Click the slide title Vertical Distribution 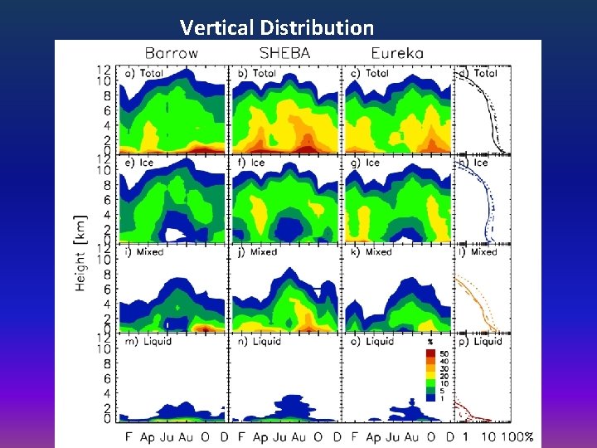coord(277,27)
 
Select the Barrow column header coord(172,53)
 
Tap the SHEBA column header coord(284,53)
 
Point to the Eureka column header coord(397,53)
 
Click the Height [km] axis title coord(81,250)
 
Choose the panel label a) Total coord(143,73)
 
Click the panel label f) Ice coord(251,163)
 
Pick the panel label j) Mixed coord(258,251)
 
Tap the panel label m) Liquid coord(146,341)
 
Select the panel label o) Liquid coord(370,341)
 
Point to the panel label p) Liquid coord(481,341)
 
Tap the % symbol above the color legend coord(430,342)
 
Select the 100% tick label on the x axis coord(517,436)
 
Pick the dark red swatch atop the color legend coord(430,353)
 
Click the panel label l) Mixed coord(478,251)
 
